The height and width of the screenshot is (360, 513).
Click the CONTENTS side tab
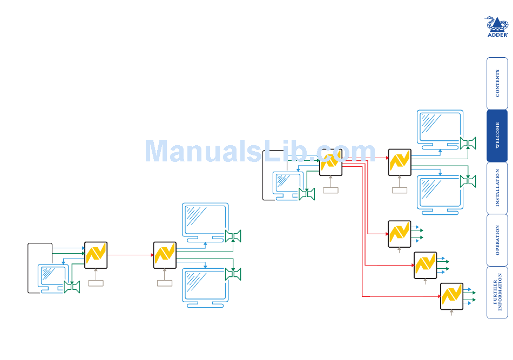click(x=497, y=84)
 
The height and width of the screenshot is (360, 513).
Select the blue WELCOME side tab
click(x=497, y=135)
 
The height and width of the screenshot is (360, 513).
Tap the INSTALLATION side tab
click(x=497, y=188)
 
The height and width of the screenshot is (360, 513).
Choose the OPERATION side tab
click(x=497, y=240)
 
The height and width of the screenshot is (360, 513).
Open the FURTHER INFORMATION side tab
click(x=497, y=292)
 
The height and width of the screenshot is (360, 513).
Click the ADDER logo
click(x=497, y=26)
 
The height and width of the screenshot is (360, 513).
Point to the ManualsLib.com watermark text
click(x=260, y=151)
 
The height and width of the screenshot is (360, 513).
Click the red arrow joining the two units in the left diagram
click(x=130, y=255)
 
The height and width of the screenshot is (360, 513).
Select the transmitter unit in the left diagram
click(x=96, y=255)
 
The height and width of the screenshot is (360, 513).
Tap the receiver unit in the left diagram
click(x=165, y=255)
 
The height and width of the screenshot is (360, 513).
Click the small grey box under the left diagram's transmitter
click(x=96, y=283)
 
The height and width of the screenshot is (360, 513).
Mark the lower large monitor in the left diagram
click(x=205, y=287)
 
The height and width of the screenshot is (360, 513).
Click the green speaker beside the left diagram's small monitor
click(x=72, y=287)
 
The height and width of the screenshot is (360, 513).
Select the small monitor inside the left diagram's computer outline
click(x=53, y=277)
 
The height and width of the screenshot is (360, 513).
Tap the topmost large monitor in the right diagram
click(x=440, y=130)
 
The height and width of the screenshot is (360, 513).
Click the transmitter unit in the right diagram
click(x=330, y=162)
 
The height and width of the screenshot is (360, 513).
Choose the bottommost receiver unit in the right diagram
click(x=451, y=296)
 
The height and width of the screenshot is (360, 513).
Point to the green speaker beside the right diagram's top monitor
click(x=468, y=143)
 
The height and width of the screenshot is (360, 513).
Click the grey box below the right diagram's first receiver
click(x=400, y=189)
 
